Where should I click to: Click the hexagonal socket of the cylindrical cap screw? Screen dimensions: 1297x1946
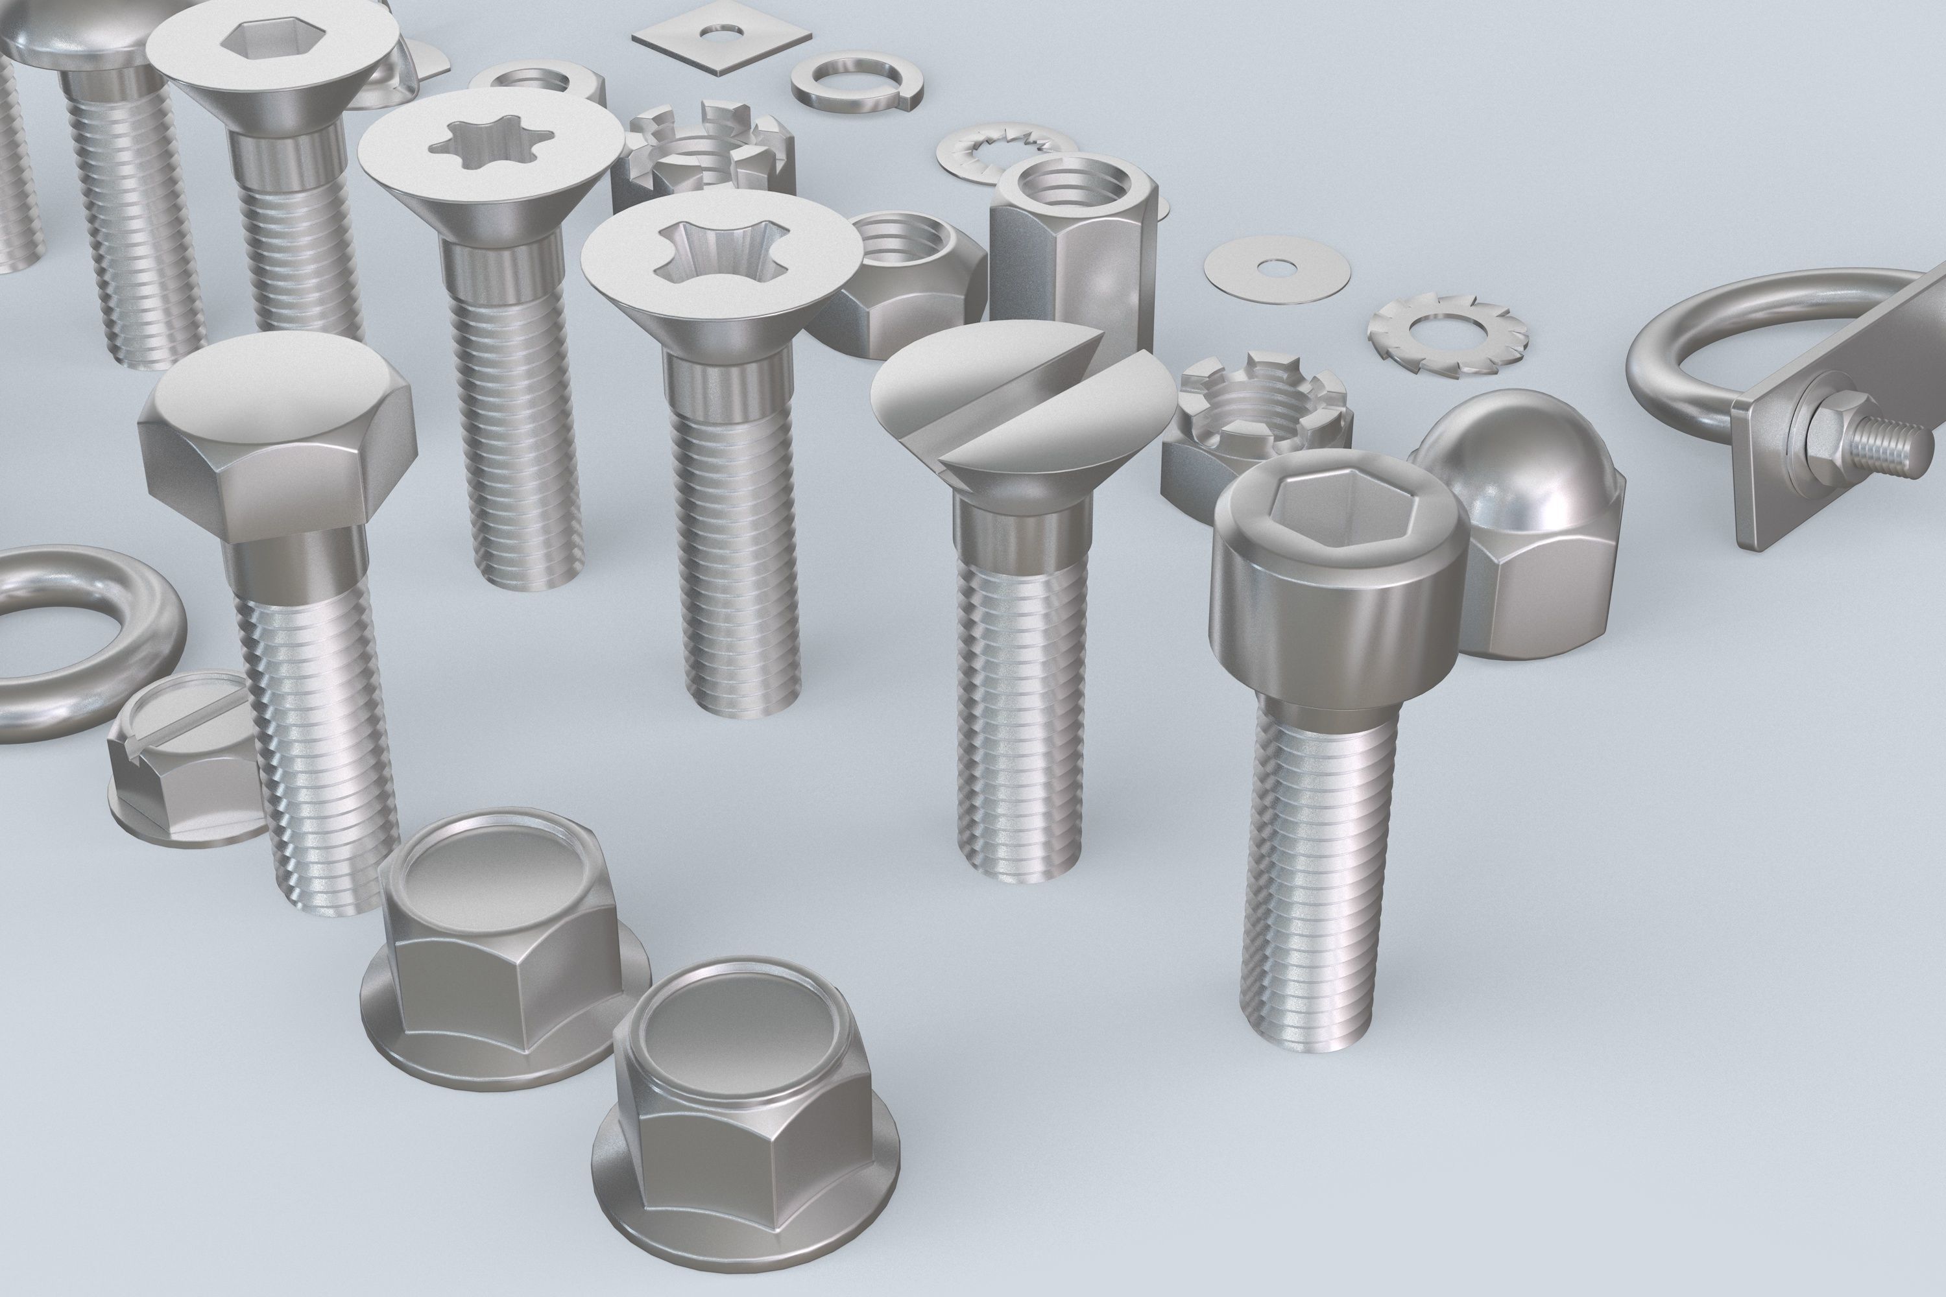click(1332, 513)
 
